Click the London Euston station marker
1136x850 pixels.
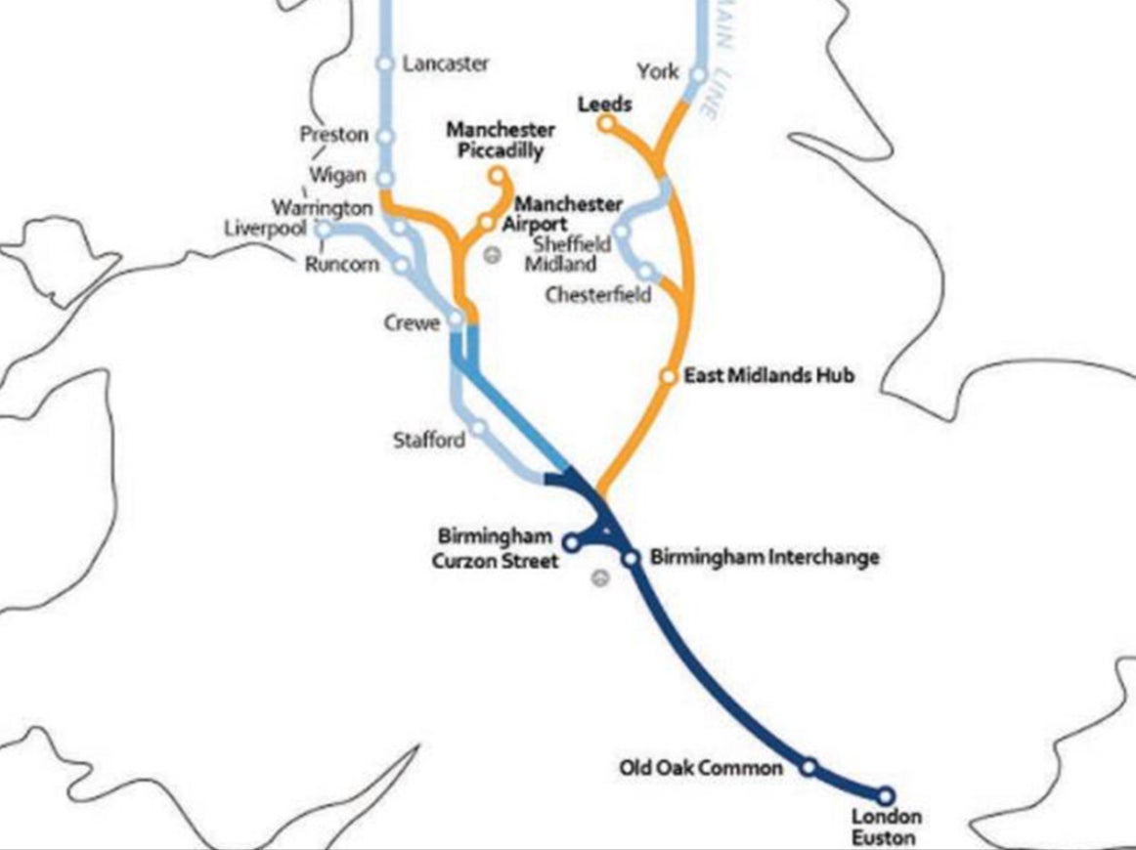886,795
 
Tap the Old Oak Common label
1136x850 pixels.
701,768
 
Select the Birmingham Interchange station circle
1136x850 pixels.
632,558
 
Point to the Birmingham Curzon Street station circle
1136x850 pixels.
572,540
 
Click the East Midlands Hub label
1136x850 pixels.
769,375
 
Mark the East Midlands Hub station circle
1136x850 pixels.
669,375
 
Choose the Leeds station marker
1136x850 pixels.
606,123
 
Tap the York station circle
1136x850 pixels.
698,74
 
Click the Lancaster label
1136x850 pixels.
446,64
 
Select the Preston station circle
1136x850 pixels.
385,136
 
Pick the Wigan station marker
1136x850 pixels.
385,178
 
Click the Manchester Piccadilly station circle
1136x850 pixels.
498,176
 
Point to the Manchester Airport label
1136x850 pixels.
567,214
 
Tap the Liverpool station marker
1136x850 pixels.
324,229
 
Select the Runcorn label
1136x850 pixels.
341,265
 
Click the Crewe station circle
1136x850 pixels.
456,319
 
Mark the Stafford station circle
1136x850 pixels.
479,428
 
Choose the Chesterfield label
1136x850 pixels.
598,295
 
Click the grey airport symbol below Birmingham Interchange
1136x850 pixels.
601,578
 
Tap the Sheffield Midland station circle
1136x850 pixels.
621,232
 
